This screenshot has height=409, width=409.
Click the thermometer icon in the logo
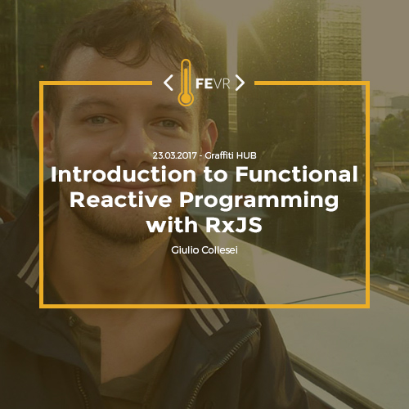[186, 83]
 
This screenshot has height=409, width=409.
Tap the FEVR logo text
[213, 83]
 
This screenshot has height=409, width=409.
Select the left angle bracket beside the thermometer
[169, 83]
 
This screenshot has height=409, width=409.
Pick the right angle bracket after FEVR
[240, 83]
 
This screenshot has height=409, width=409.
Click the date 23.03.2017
[174, 155]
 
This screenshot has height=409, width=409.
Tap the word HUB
[246, 155]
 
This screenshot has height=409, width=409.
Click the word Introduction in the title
[124, 174]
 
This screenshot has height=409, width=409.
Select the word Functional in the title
[296, 174]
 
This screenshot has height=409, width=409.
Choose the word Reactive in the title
[121, 200]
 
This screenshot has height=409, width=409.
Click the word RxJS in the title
[234, 225]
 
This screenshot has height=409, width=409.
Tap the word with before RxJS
[172, 225]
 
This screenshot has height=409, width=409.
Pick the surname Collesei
[219, 249]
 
